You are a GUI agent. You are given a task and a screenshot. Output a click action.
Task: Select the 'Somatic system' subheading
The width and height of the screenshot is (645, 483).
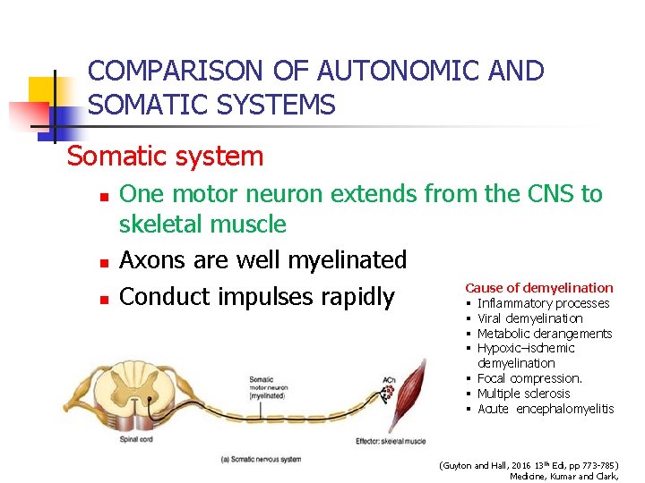tap(166, 157)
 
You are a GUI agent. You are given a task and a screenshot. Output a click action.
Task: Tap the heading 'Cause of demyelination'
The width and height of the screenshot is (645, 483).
tap(538, 288)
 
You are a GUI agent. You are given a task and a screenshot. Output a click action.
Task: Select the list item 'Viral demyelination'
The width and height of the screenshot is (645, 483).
tap(529, 318)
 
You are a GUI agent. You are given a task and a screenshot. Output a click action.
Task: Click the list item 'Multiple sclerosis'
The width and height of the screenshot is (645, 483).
tap(523, 394)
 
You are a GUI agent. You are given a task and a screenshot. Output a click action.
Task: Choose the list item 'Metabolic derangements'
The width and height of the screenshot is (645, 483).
tap(545, 334)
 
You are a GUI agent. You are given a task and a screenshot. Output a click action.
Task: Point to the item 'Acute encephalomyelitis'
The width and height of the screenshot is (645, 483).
tap(546, 409)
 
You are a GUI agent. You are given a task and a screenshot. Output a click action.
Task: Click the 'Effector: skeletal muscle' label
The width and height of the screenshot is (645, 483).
tap(390, 438)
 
